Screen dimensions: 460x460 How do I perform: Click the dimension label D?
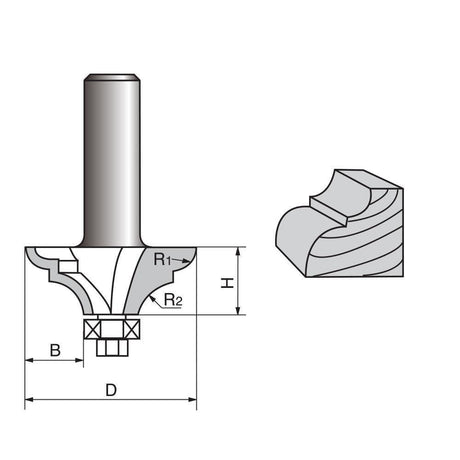(x=111, y=390)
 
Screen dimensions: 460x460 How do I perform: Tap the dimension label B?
(x=55, y=350)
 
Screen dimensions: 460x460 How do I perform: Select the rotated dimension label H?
(x=228, y=283)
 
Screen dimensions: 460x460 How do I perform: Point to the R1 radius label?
(x=162, y=259)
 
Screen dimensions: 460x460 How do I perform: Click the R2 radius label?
(x=173, y=300)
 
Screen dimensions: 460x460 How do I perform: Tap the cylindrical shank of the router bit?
(x=112, y=160)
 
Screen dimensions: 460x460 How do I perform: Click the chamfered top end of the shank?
(x=112, y=77)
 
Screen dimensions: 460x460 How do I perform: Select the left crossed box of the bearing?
(x=92, y=329)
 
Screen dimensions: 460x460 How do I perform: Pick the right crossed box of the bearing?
(x=131, y=329)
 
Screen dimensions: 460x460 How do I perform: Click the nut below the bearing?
(x=112, y=348)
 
